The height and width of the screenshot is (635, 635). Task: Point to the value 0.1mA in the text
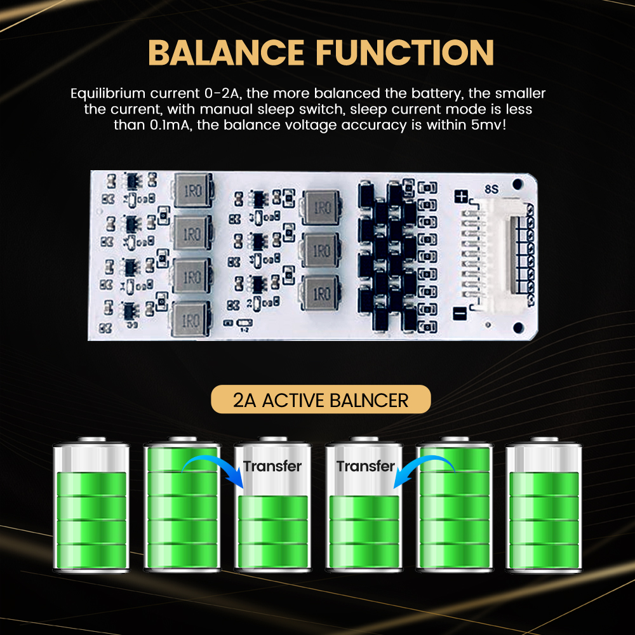[170, 124]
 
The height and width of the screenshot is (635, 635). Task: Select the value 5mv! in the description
[488, 124]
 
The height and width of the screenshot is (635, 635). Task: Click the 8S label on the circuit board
[491, 189]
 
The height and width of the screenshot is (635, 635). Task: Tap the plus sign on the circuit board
[461, 196]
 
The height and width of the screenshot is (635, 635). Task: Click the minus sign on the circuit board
[460, 313]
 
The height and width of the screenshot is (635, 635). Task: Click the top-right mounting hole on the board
[517, 184]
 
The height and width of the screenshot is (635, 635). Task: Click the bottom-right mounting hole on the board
[518, 327]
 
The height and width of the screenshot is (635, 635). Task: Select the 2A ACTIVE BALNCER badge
[321, 399]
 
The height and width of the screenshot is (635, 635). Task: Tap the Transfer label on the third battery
[272, 466]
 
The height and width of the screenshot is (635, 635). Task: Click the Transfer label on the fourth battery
[366, 466]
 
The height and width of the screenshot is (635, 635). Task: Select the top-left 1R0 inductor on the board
[193, 190]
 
